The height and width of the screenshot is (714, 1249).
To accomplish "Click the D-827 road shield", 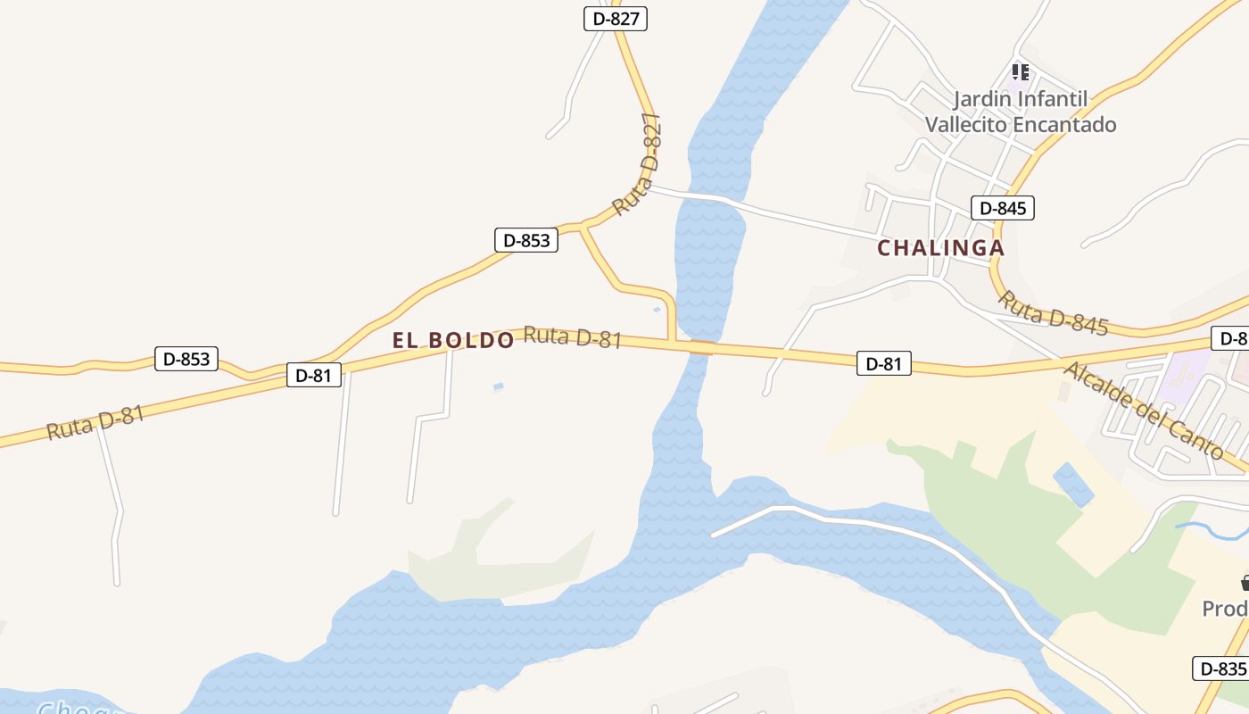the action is [x=615, y=18].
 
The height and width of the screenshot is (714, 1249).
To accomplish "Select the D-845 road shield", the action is [x=1002, y=208].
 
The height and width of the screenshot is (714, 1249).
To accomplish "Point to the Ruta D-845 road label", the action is [x=1052, y=313].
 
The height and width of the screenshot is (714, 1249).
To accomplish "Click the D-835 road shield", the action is [x=1220, y=668].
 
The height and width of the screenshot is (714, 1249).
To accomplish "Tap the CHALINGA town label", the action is [x=940, y=248].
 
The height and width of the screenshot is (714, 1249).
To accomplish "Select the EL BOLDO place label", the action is [x=453, y=340].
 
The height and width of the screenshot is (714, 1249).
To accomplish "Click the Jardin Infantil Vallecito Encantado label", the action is [x=1021, y=112].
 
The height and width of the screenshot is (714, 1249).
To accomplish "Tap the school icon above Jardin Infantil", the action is [x=1020, y=71].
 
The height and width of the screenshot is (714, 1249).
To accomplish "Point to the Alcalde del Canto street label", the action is [x=1143, y=410].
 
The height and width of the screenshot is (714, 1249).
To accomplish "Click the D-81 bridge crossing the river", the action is [x=701, y=348].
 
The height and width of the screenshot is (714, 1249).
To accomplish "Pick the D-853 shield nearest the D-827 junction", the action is [x=526, y=239].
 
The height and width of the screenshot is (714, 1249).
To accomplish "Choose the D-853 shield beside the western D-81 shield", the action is [x=186, y=359].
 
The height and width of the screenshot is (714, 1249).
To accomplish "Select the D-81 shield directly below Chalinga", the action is [x=883, y=363].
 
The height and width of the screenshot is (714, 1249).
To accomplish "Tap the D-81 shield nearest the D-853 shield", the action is [x=313, y=375].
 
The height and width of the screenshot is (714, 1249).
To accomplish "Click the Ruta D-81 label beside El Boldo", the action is [x=572, y=337].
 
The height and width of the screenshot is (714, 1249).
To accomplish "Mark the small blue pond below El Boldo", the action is [x=498, y=386].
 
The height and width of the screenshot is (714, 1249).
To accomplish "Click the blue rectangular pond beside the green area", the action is [x=1073, y=485].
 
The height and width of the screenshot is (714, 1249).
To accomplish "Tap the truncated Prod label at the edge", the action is [x=1225, y=609].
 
